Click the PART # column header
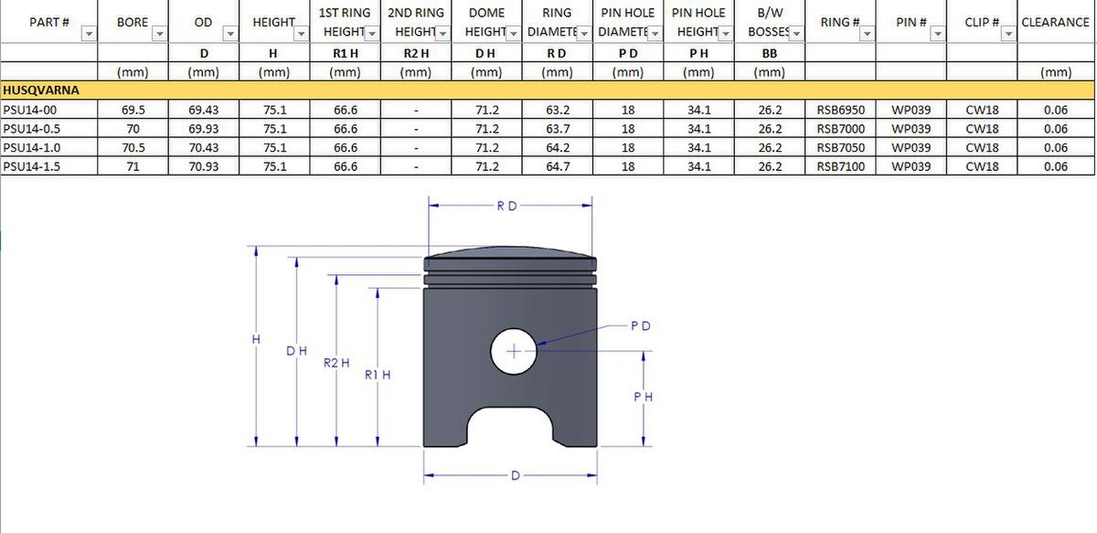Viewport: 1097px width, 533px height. [49, 22]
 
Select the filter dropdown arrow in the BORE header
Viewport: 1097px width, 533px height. [159, 34]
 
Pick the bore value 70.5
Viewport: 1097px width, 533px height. [133, 147]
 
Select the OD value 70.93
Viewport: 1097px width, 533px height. [203, 166]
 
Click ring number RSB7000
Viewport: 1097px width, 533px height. [838, 129]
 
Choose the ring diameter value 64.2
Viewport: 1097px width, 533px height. [558, 147]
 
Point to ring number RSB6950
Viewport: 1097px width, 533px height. [838, 110]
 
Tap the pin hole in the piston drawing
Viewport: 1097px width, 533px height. [514, 351]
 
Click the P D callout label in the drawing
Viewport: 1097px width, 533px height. [641, 325]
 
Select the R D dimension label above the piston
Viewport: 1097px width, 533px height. [506, 207]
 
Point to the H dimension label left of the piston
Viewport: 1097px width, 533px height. [256, 339]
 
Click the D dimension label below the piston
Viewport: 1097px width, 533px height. [516, 475]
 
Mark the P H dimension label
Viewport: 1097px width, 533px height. [643, 397]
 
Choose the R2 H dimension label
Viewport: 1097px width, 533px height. [336, 363]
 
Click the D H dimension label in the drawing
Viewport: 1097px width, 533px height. [296, 351]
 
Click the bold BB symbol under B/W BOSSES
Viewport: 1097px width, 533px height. [770, 54]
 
